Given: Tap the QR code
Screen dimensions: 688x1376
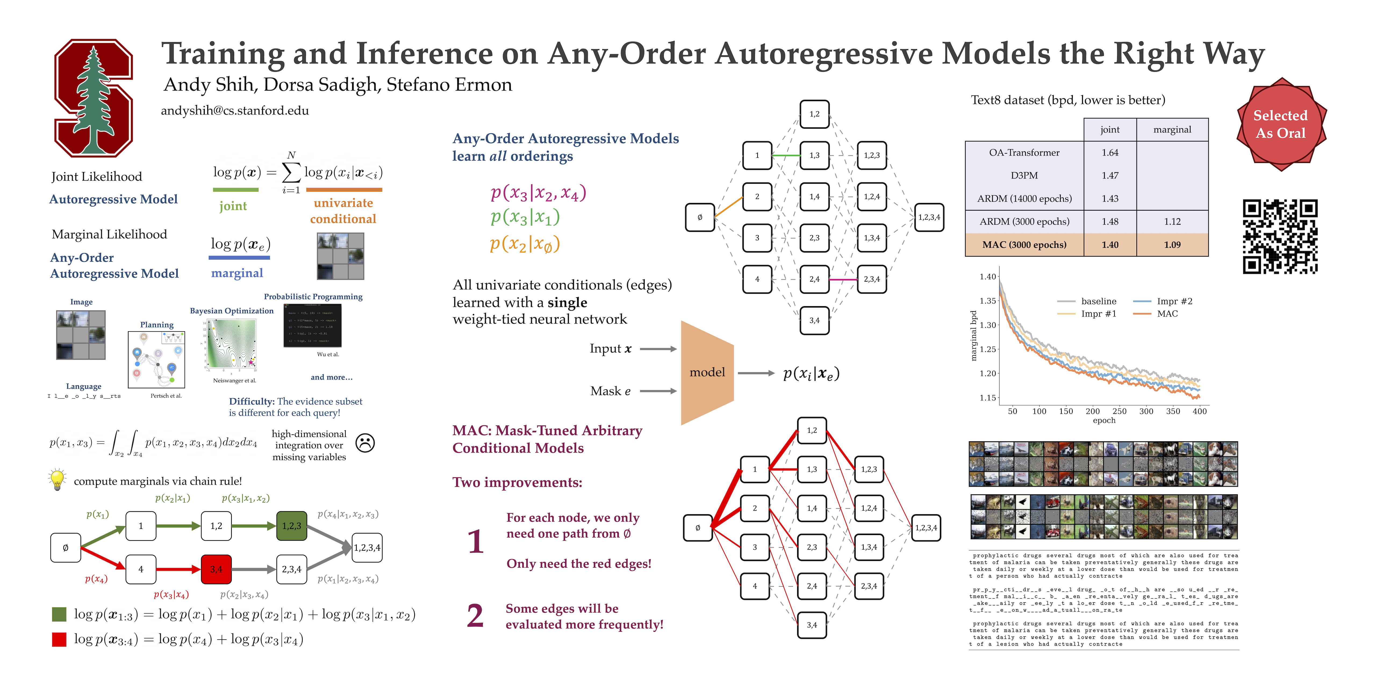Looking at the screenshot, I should coord(1280,236).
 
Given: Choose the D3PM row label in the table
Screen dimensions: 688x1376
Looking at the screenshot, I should coord(1024,175).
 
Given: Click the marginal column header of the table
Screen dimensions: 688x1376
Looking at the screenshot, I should coord(1172,129).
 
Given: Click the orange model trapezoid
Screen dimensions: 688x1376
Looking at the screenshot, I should coord(707,372).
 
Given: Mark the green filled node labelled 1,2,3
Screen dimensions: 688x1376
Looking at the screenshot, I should coord(292,526).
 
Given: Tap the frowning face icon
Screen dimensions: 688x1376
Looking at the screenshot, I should coord(365,443).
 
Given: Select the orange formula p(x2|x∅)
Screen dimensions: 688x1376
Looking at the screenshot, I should coord(525,244).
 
